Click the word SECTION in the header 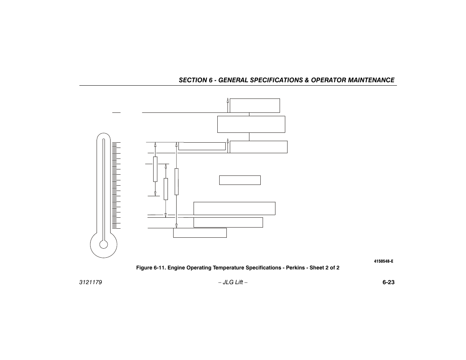pos(192,80)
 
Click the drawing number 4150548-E pos(384,261)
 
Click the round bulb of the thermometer pos(104,245)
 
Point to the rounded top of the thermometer pos(103,137)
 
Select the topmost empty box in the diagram pos(255,106)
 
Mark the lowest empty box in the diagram pos(200,233)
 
